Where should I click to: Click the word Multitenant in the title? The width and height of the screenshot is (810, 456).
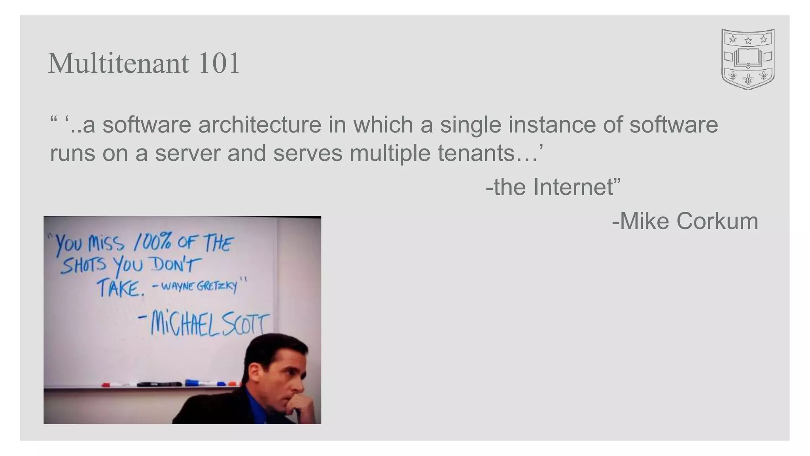tap(118, 63)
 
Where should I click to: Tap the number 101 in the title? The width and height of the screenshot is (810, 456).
tap(219, 63)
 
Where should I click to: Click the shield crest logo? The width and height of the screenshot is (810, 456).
tap(748, 59)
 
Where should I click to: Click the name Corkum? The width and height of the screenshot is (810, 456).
tap(717, 221)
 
